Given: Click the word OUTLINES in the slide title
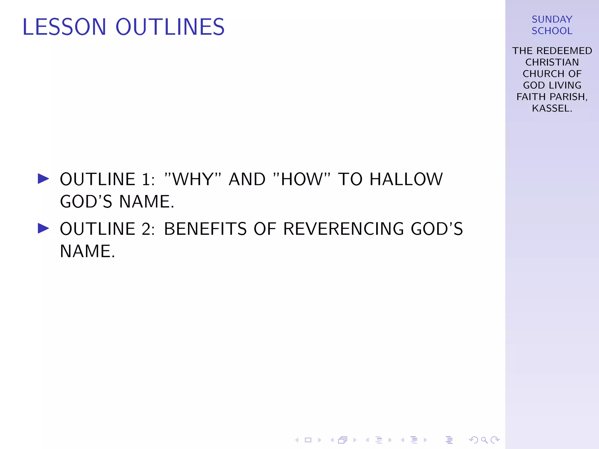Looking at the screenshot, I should tap(170, 27).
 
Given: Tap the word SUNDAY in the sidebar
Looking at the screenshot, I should tap(552, 19).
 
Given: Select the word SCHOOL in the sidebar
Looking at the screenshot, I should tap(552, 31).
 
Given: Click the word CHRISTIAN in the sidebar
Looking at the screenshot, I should tap(552, 62).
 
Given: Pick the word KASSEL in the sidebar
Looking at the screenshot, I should tap(550, 108).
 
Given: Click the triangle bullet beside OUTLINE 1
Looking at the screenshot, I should tap(43, 179).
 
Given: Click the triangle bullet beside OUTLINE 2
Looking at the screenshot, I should tap(43, 228).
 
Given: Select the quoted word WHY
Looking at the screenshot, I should tap(193, 179).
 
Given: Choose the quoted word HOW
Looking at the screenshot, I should tap(302, 179).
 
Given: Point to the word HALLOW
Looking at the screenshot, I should tap(406, 179).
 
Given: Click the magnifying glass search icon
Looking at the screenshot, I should tap(484, 440).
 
